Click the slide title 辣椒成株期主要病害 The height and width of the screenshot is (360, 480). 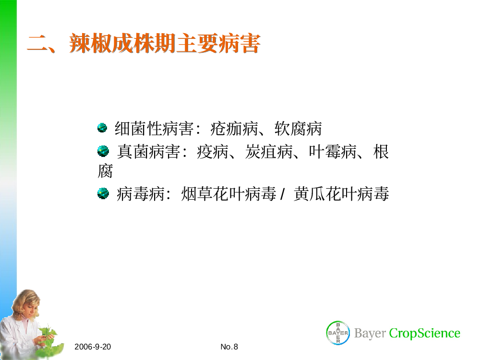(x=165, y=44)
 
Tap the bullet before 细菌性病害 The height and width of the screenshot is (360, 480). (x=102, y=128)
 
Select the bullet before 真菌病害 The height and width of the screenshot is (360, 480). (x=103, y=151)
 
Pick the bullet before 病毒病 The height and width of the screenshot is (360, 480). (x=103, y=193)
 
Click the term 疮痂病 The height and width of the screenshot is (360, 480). (x=234, y=129)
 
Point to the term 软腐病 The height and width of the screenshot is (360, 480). (x=298, y=129)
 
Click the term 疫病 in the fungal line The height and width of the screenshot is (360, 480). (x=213, y=152)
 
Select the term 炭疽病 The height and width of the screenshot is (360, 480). (x=269, y=152)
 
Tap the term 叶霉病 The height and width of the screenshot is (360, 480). (x=333, y=152)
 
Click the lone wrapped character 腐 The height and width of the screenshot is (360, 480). (x=105, y=171)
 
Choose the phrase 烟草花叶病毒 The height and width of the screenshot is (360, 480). (x=228, y=194)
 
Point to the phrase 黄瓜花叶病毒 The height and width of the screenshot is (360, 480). (x=341, y=194)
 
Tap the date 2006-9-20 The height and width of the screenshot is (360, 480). (x=93, y=347)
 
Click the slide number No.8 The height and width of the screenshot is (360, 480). (x=229, y=347)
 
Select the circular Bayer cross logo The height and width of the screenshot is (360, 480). (x=338, y=333)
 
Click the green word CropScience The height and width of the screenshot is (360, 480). (x=425, y=333)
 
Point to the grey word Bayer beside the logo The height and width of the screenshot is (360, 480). (x=370, y=334)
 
